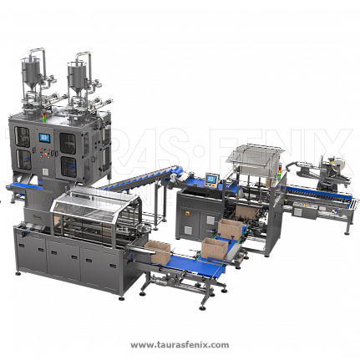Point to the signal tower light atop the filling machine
pyautogui.click(x=43, y=117)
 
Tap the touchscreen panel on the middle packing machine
pyautogui.click(x=210, y=178)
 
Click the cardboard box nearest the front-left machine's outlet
pyautogui.click(x=158, y=251)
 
